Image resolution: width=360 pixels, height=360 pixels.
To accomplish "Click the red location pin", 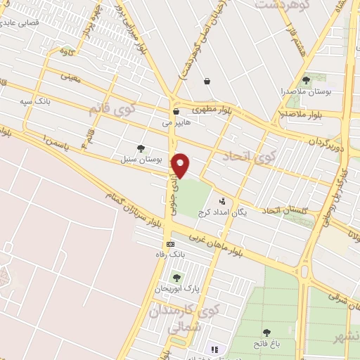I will [x=181, y=165].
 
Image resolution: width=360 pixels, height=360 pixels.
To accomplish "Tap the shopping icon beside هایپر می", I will [x=176, y=111].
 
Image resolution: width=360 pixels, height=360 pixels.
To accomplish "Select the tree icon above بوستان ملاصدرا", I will [x=305, y=81].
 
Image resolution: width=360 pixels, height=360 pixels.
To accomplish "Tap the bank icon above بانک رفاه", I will [x=169, y=244].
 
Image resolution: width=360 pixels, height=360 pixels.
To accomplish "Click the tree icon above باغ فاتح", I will [x=266, y=333].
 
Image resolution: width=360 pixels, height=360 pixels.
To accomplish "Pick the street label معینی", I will [x=71, y=79].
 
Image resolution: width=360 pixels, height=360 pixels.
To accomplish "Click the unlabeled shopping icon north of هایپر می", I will [x=207, y=81].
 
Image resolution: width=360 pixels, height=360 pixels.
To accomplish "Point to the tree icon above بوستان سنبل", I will [x=141, y=148].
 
